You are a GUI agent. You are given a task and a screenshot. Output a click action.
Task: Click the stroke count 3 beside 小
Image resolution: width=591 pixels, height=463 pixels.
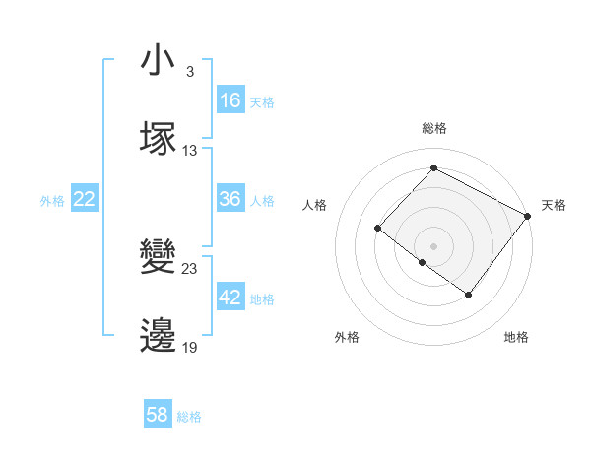189,73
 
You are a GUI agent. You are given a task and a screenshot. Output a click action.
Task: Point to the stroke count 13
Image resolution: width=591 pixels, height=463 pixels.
190,151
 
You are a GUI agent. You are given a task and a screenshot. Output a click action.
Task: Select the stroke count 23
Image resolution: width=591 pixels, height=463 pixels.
190,269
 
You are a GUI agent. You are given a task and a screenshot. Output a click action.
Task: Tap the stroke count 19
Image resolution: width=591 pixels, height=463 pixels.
190,347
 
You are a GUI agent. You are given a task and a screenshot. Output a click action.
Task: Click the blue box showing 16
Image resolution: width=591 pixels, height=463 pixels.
230,100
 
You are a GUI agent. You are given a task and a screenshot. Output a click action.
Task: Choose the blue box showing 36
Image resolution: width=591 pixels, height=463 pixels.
230,199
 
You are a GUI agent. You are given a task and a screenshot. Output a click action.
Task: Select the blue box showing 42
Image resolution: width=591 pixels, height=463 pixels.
230,298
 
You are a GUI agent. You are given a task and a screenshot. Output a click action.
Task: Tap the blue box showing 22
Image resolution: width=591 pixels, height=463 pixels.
85,199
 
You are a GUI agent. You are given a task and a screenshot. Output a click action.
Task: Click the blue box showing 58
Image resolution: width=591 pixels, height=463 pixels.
158,415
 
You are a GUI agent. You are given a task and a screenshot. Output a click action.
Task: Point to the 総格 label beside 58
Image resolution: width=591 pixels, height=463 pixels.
189,417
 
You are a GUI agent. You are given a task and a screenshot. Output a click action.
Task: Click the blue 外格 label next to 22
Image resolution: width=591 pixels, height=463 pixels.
52,201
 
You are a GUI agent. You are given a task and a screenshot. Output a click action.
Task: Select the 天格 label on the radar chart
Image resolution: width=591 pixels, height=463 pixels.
554,206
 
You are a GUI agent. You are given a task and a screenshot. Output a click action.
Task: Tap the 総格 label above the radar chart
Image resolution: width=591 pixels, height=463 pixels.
433,128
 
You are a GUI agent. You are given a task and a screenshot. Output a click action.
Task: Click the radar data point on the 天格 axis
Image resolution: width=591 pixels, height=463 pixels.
528,215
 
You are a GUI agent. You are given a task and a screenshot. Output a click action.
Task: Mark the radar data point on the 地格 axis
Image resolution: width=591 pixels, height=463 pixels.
469,295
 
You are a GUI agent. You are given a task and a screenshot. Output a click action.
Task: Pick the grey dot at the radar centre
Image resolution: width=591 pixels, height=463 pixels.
433,245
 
